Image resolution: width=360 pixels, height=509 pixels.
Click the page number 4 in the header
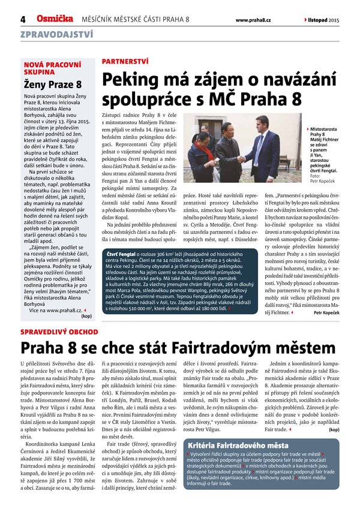click(x=23, y=20)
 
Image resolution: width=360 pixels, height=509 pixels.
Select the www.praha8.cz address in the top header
click(x=252, y=20)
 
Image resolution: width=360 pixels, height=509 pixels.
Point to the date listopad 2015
click(x=324, y=20)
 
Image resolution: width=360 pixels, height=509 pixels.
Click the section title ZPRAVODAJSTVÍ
click(x=56, y=36)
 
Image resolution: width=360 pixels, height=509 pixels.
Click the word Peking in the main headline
click(x=127, y=80)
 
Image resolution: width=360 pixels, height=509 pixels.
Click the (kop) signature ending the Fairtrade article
click(x=334, y=429)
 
